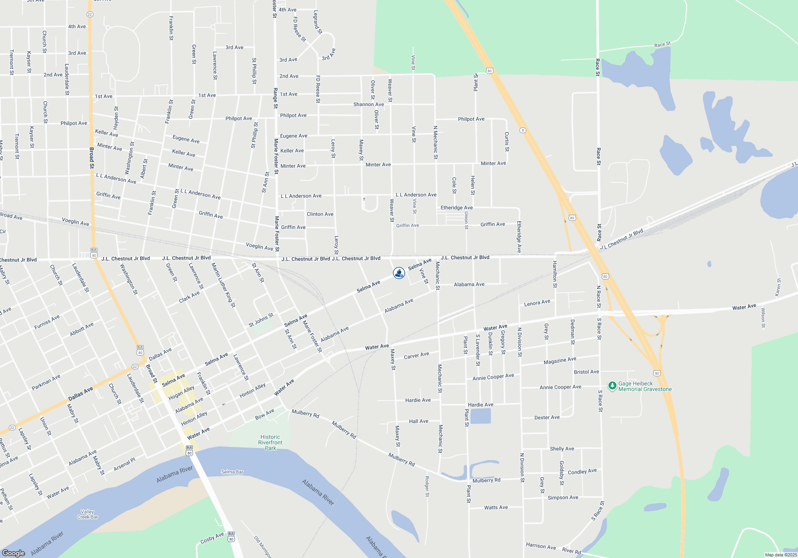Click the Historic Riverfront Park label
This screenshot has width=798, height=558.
270,442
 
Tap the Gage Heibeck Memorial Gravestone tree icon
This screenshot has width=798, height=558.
612,385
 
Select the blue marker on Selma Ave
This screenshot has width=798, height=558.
399,273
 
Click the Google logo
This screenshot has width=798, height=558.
13,553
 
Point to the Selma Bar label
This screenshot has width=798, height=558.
232,472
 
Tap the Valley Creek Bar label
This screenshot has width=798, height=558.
87,515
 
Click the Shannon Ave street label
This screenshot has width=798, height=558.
369,104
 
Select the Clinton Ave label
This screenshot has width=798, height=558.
320,214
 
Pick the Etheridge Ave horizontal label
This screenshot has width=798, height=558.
456,208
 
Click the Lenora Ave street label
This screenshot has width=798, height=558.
537,303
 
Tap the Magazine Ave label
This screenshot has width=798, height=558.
560,360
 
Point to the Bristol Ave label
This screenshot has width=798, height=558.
586,372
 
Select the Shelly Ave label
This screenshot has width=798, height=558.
562,449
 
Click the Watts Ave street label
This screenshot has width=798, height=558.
496,507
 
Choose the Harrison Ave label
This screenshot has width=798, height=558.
541,546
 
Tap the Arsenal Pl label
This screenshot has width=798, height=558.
124,464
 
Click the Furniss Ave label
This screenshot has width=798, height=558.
47,322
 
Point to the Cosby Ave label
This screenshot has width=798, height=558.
212,538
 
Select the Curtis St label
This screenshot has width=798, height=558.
507,141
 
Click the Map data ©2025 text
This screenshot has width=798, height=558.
781,555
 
